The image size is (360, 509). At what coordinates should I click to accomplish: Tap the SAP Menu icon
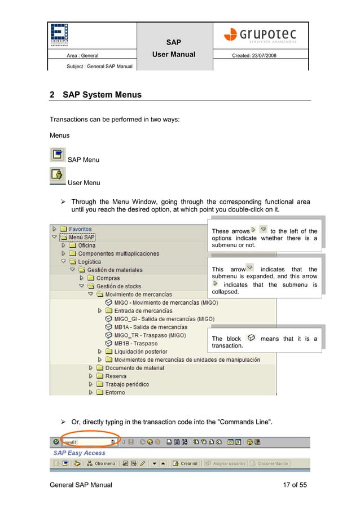[58, 155]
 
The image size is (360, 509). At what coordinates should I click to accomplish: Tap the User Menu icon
[58, 175]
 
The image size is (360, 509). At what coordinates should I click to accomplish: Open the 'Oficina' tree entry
[86, 245]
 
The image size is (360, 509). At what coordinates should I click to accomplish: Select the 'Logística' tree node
[89, 262]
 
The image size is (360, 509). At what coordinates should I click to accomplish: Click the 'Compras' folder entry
[107, 278]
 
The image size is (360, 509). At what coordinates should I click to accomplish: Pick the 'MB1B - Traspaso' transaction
[135, 343]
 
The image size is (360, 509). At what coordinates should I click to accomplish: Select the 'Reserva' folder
[115, 376]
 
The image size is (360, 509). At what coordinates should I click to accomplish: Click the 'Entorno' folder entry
[115, 392]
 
